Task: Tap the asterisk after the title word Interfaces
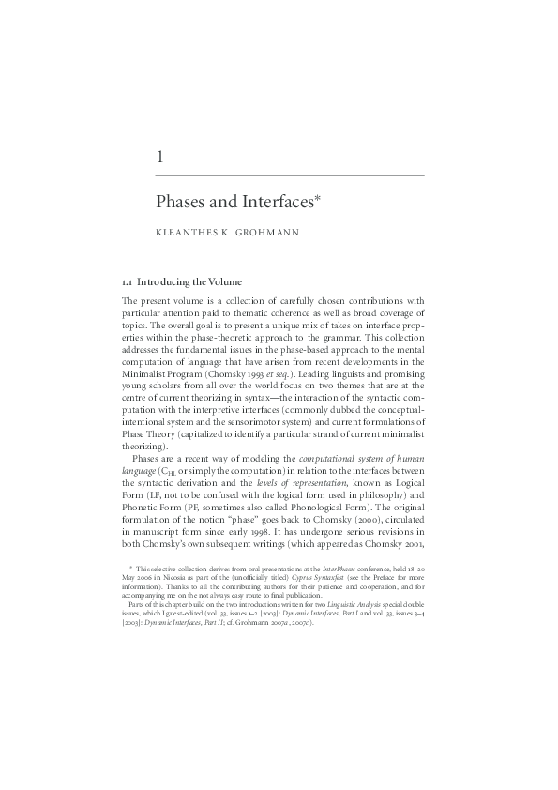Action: pyautogui.click(x=320, y=198)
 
